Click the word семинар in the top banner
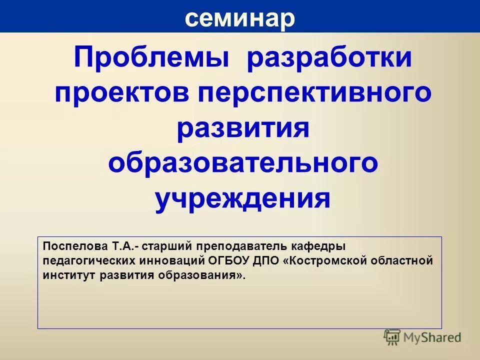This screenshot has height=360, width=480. (x=240, y=18)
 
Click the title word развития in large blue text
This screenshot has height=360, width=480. (x=243, y=129)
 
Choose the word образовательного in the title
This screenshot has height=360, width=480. (x=243, y=164)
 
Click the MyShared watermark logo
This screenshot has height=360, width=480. (x=422, y=337)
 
